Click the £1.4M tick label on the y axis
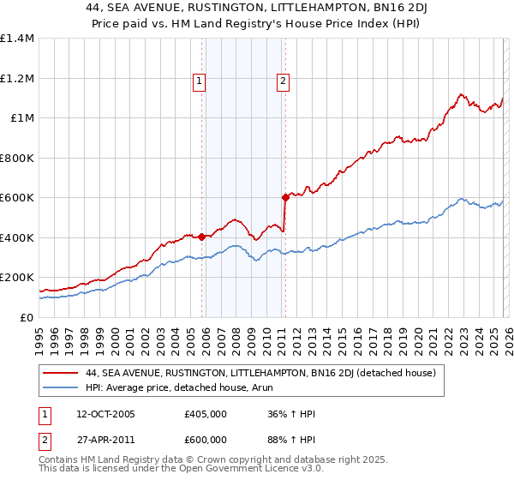17,39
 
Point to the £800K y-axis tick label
17,158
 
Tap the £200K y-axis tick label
17,278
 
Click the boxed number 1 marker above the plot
199,81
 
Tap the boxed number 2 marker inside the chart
283,81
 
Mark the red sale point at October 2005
202,237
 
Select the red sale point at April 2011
285,197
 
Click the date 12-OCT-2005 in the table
99,414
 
